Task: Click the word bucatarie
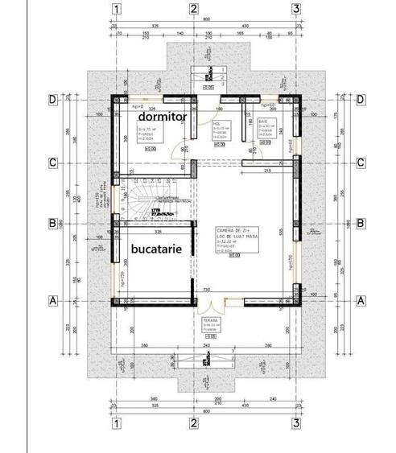click(160, 249)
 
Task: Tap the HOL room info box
click(222, 130)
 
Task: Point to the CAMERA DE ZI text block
click(233, 239)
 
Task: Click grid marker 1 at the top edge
click(117, 10)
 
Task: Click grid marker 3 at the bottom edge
click(296, 422)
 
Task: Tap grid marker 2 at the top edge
click(194, 10)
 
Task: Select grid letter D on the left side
click(52, 99)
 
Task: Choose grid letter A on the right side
click(361, 300)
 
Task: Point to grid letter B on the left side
click(52, 223)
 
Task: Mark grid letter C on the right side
click(361, 163)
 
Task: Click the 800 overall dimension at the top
click(207, 19)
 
